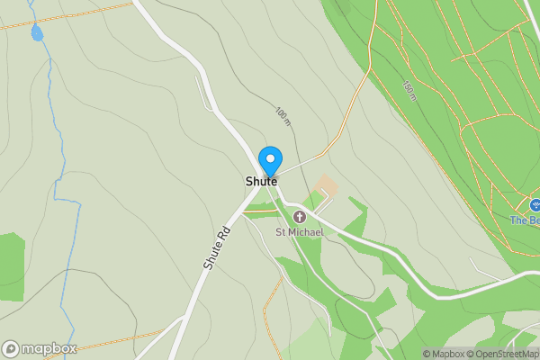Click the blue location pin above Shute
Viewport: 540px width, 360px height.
[269, 161]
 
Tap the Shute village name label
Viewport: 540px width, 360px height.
[261, 181]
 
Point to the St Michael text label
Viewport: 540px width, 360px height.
[299, 232]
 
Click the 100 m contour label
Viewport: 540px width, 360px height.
[283, 116]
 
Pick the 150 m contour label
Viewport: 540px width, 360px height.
[409, 90]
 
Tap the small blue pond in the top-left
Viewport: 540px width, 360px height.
[37, 33]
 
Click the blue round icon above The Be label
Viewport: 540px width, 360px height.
[535, 206]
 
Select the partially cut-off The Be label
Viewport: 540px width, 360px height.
[525, 220]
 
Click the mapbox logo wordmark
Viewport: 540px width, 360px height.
[49, 349]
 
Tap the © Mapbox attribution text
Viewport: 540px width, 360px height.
[444, 354]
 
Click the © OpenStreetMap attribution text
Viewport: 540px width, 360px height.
[505, 354]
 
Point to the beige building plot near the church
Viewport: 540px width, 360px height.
[327, 186]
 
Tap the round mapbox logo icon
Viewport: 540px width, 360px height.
[11, 349]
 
